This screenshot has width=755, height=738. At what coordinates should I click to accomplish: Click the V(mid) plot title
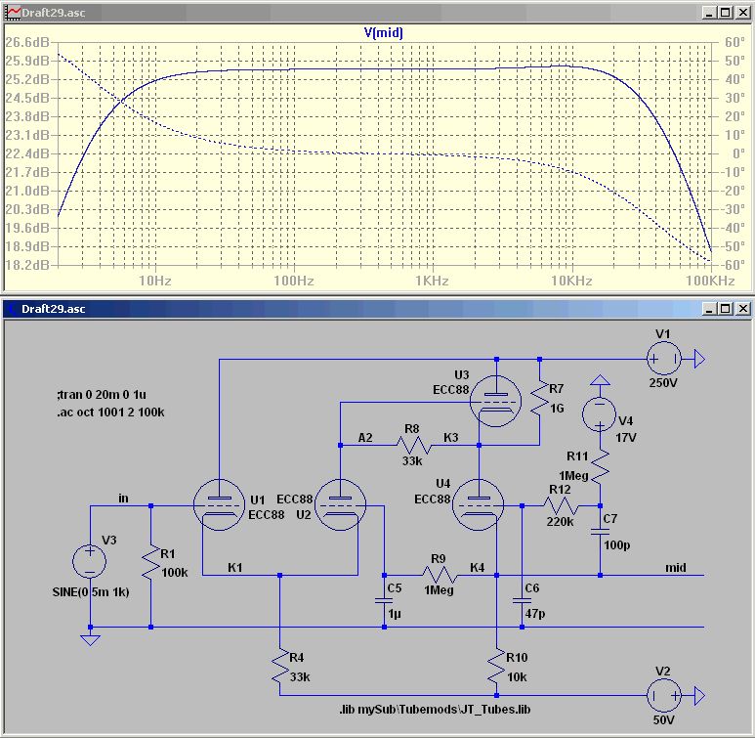tap(384, 32)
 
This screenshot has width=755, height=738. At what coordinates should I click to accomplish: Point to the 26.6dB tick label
tap(26, 43)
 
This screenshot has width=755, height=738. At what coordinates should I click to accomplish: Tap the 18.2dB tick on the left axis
tap(26, 265)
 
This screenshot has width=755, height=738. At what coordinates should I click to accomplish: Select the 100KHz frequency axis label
tap(709, 282)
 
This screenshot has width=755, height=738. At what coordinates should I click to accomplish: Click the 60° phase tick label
tap(734, 43)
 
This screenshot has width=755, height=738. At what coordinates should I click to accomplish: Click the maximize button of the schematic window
tap(725, 309)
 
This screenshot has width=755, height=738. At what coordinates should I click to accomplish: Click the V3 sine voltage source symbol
tap(90, 562)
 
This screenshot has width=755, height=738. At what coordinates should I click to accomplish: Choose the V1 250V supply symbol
tap(662, 360)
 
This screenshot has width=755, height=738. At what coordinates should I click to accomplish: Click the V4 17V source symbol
tap(600, 414)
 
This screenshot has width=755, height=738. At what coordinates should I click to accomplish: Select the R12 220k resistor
tap(560, 506)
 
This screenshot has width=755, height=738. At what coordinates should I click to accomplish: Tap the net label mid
tap(675, 567)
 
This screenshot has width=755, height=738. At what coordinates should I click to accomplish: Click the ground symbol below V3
tap(90, 640)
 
